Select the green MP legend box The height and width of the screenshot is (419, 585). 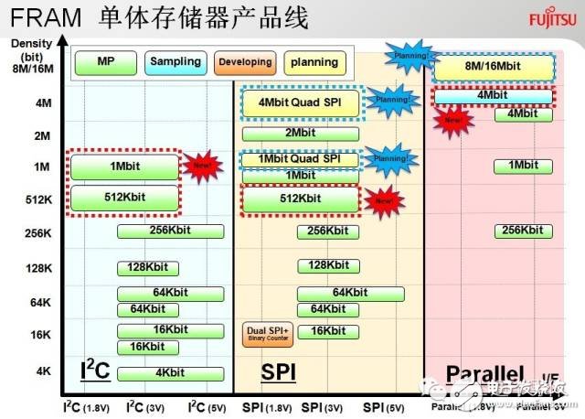(x=105, y=62)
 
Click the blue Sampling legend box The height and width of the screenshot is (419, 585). (x=175, y=62)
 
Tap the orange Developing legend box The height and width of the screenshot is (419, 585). (x=244, y=62)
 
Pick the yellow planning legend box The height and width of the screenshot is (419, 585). (x=312, y=62)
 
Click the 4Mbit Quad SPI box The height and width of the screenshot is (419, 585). (x=301, y=102)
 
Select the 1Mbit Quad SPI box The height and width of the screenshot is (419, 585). (x=301, y=159)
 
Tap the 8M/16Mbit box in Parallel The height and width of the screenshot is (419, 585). (x=494, y=66)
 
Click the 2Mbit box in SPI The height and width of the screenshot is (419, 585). (x=301, y=133)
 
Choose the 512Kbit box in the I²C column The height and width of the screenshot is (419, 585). (x=123, y=198)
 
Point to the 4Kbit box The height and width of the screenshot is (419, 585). (x=170, y=373)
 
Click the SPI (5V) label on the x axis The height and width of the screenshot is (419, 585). (x=385, y=406)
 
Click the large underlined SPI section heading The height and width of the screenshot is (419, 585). (x=280, y=372)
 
